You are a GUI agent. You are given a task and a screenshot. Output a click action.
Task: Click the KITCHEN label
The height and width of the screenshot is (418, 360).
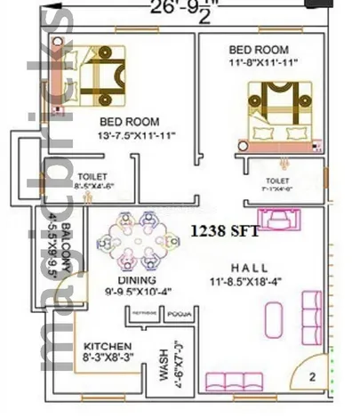click(x=108, y=346)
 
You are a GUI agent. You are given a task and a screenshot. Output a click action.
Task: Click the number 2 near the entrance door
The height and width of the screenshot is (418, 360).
click(x=313, y=376)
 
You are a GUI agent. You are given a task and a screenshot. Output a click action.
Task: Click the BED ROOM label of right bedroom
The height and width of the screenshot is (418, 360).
click(x=258, y=49)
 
